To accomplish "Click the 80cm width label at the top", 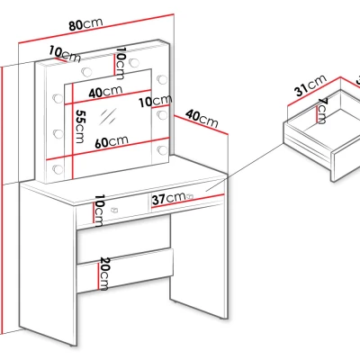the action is coord(85,24).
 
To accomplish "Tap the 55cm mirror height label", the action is coord(80,126).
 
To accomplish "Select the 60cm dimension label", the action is coord(112,141).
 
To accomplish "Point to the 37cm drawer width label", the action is coord(168,199).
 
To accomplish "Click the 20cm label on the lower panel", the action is coord(104,274).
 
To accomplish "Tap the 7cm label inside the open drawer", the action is coord(322,111).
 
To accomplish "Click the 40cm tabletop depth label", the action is coord(202,119).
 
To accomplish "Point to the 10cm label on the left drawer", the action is coord(99,211).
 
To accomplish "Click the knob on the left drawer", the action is coord(114,210).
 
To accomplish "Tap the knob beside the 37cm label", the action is coord(190,197).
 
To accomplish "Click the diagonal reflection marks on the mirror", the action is coord(108,117).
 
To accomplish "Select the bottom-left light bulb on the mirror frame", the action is coord(58,169).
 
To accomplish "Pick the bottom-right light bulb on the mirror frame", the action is coord(162,150).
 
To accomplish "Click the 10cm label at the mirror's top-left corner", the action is coord(65,54).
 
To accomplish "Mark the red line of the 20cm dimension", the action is coord(98,276).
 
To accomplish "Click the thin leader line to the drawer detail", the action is coord(245,167).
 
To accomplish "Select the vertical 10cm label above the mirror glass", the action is coord(121,63).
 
